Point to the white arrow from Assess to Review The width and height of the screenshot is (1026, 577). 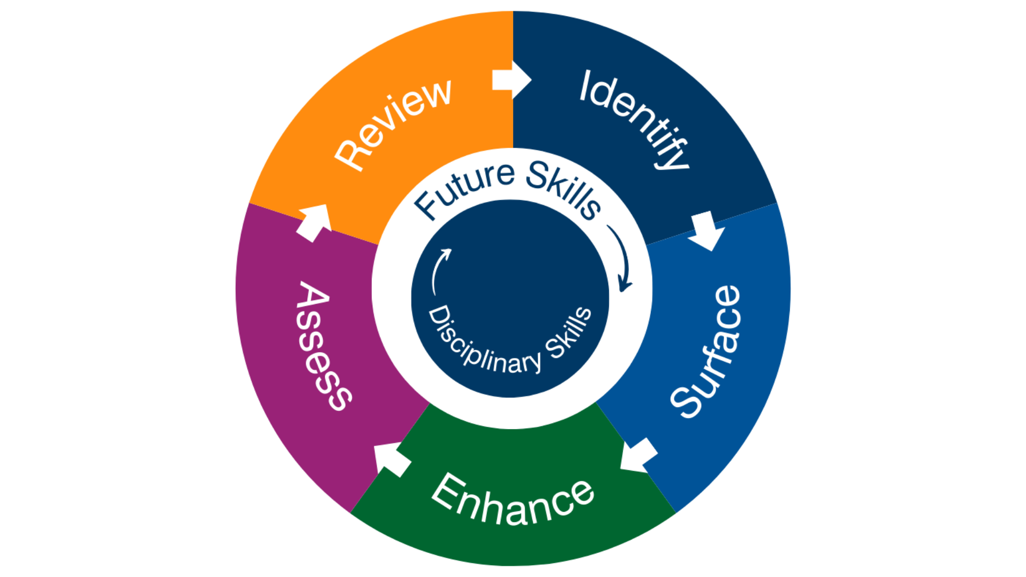315,222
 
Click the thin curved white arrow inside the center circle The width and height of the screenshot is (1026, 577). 439,270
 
